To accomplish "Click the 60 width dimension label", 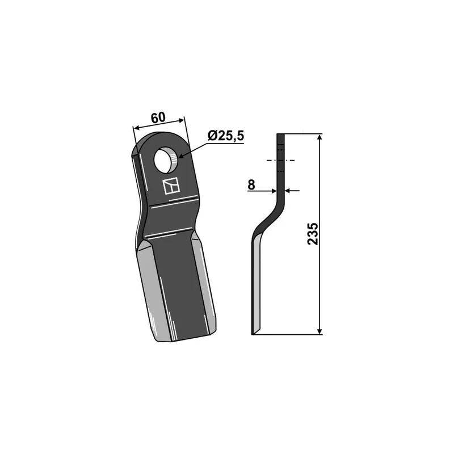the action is (x=158, y=117).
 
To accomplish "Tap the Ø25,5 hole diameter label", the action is (x=226, y=136).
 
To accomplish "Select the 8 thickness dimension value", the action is (x=251, y=185).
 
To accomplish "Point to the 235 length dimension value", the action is (x=313, y=234).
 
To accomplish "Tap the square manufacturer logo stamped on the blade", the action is (x=171, y=186).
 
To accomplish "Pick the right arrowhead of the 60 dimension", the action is (x=180, y=120).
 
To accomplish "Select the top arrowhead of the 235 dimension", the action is (x=320, y=137).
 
